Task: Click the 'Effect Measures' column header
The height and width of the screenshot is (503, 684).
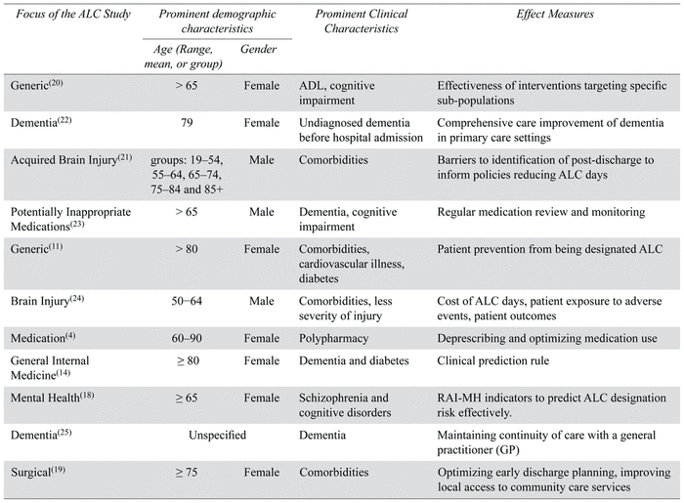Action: pos(555,14)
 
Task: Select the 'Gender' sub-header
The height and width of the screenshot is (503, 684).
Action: pos(258,49)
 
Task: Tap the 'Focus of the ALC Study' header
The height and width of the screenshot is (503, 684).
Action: pos(73,14)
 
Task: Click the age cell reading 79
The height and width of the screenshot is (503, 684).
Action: pos(187,122)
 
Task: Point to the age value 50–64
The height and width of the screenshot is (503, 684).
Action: pos(187,301)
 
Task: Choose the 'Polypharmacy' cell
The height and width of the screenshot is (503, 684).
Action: pos(334,338)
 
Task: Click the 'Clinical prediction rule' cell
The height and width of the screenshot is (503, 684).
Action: pos(492,360)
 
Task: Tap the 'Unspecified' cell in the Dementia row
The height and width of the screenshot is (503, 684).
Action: pos(217,435)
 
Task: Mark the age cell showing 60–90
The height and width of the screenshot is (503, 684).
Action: pos(187,338)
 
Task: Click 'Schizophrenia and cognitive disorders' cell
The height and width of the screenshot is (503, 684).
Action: pos(345,405)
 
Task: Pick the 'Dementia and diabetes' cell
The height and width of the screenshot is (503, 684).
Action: pos(354,360)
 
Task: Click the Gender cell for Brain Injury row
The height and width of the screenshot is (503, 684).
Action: pos(262,301)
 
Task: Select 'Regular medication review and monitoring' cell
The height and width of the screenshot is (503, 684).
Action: pos(541,212)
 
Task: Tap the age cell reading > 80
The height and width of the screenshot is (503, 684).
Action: pos(187,249)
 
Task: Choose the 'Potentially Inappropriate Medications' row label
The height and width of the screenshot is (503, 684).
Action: pos(70,219)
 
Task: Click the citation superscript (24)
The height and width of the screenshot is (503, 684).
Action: pos(77,299)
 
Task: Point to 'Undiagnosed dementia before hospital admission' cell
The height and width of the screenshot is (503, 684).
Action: pos(361,130)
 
